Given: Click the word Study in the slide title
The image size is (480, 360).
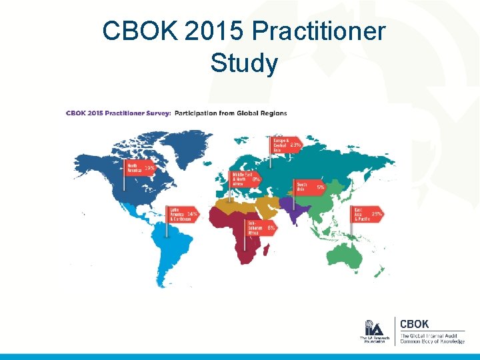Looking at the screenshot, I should (243, 64).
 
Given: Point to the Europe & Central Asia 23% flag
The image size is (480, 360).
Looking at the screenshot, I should (286, 145).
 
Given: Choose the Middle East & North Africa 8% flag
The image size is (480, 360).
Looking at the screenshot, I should (245, 179).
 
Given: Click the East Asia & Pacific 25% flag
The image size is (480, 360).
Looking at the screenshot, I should (367, 214).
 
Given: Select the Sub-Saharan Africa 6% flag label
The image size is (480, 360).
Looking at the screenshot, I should (261, 227).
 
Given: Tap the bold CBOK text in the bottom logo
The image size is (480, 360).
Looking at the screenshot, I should (415, 324).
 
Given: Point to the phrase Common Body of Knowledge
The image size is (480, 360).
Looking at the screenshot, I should (430, 341).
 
